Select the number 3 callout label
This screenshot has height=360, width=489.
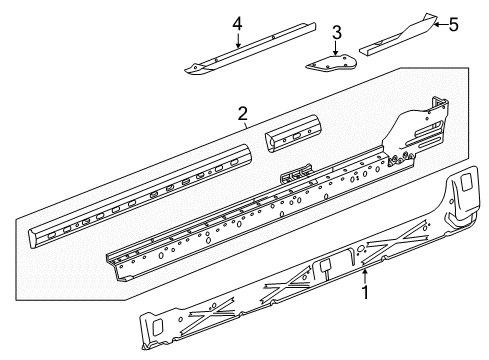coord(337,32)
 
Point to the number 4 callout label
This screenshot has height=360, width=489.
coord(237,23)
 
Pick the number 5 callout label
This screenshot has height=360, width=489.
coord(453,24)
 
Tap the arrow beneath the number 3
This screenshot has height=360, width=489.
coord(337,48)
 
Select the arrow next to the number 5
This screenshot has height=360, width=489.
coord(434,24)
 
